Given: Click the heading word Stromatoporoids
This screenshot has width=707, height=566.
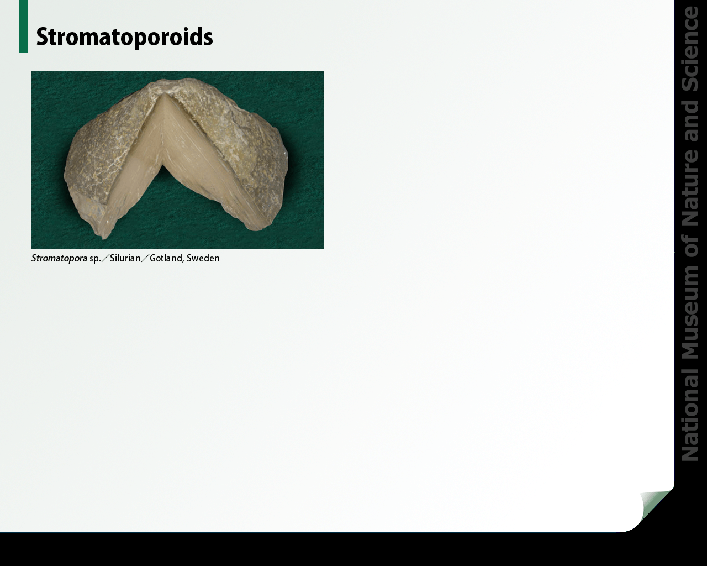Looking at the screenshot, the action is pyautogui.click(x=124, y=38).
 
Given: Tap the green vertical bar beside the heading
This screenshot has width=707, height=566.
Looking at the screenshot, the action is pyautogui.click(x=23, y=27).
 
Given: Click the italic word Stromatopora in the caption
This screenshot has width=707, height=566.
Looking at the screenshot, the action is pyautogui.click(x=59, y=259).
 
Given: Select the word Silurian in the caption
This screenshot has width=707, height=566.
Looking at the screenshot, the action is pyautogui.click(x=125, y=259).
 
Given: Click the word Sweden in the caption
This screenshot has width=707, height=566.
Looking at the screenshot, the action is pyautogui.click(x=203, y=259).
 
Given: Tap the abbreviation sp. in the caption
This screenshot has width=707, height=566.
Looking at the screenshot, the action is pyautogui.click(x=95, y=259).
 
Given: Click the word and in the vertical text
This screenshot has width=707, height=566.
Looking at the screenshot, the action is pyautogui.click(x=690, y=126).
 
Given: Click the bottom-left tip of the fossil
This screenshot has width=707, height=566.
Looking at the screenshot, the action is pyautogui.click(x=103, y=238).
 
